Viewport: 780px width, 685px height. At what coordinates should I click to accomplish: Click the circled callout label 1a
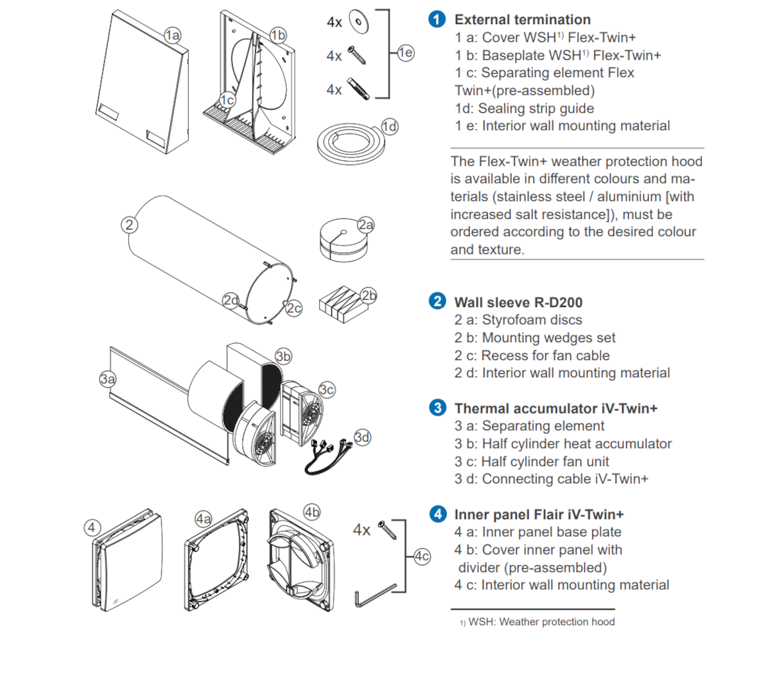(173, 35)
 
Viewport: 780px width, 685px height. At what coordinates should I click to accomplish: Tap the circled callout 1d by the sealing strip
(389, 126)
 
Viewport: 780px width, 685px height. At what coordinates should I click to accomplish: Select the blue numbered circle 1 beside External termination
(438, 20)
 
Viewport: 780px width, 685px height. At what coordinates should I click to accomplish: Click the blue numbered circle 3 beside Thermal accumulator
(438, 408)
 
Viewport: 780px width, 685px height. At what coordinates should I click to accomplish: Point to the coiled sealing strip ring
(347, 142)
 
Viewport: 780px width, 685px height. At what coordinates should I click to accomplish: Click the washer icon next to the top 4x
(361, 21)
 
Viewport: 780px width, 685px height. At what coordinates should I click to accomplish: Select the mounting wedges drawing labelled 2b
(343, 304)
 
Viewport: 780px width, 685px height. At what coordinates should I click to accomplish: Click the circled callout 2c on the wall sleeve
(293, 307)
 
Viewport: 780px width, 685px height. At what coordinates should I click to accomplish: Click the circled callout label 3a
(108, 379)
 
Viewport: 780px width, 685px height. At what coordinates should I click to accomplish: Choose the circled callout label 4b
(312, 511)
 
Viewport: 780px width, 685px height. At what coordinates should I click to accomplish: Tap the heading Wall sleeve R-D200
(518, 303)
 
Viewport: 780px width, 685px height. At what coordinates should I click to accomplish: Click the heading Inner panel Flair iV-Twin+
(539, 514)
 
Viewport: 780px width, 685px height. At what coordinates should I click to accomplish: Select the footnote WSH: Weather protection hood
(542, 622)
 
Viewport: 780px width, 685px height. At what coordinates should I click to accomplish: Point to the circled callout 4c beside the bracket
(422, 557)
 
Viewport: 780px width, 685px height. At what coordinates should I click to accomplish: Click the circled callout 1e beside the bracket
(406, 52)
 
